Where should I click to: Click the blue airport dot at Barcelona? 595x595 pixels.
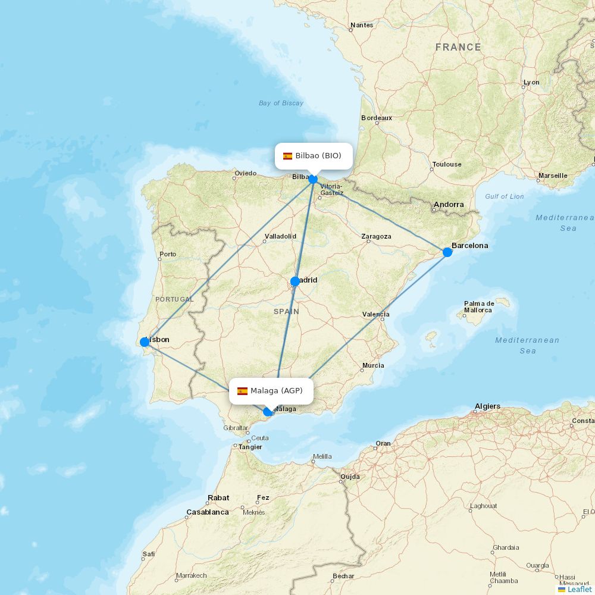tap(447, 252)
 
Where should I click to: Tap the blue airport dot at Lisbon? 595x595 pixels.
tap(145, 342)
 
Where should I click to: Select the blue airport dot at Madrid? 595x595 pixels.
tap(295, 281)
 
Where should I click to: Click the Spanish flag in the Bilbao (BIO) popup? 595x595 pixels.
tap(287, 156)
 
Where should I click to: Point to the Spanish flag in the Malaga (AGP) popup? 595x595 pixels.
tap(242, 391)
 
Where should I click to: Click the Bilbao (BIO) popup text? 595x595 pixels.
tap(318, 156)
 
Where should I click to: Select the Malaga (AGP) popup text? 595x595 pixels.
tap(277, 391)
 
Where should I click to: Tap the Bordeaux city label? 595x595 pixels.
tap(377, 118)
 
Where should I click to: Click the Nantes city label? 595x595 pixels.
tap(362, 25)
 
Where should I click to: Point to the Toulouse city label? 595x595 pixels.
tap(447, 164)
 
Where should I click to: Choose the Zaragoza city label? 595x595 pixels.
tap(376, 236)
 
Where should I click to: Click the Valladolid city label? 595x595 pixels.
tap(280, 236)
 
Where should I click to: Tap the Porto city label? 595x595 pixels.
tap(168, 254)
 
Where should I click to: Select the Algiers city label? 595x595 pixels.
tap(487, 406)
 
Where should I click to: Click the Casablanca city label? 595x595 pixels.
tap(208, 512)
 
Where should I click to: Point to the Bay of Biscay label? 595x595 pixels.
tap(281, 103)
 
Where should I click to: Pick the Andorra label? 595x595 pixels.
tap(449, 205)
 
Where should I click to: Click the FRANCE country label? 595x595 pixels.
tap(458, 47)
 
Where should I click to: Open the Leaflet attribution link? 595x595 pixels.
tap(580, 589)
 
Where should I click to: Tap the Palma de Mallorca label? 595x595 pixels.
tap(478, 306)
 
